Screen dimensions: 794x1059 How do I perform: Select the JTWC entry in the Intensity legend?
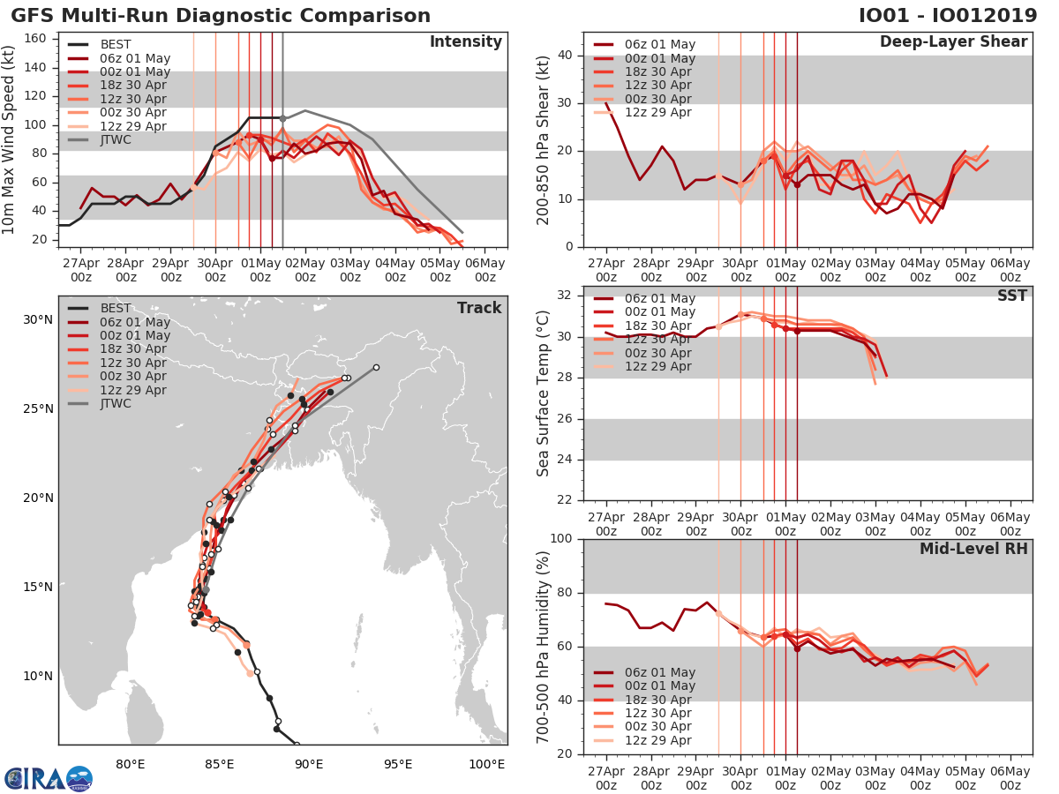pyautogui.click(x=116, y=139)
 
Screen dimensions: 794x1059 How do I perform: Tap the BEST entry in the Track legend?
pyautogui.click(x=116, y=309)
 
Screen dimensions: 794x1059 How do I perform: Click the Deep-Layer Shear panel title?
pyautogui.click(x=953, y=42)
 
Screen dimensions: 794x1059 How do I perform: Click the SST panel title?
pyautogui.click(x=1011, y=296)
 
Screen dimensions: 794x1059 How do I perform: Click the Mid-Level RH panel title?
pyautogui.click(x=973, y=549)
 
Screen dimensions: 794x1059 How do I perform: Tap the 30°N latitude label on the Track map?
pyautogui.click(x=37, y=319)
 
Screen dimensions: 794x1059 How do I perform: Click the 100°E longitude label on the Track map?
pyautogui.click(x=486, y=764)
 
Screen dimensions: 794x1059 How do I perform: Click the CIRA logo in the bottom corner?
pyautogui.click(x=48, y=778)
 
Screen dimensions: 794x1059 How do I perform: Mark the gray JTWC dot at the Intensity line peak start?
pyautogui.click(x=282, y=118)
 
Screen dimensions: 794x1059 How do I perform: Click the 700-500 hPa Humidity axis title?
pyautogui.click(x=544, y=647)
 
